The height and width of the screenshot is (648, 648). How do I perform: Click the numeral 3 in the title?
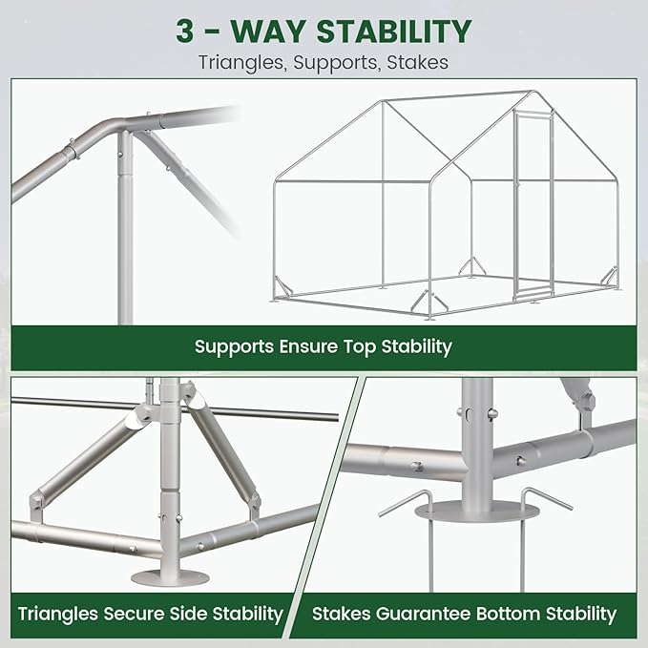pyautogui.click(x=185, y=31)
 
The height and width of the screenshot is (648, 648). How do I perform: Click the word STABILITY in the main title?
pyautogui.click(x=394, y=31)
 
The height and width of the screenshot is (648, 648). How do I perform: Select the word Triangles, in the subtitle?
pyautogui.click(x=243, y=63)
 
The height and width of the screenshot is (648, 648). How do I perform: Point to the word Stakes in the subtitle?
pyautogui.click(x=418, y=62)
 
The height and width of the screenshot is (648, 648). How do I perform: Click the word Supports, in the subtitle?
pyautogui.click(x=337, y=63)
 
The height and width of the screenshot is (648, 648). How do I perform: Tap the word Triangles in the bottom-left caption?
pyautogui.click(x=57, y=615)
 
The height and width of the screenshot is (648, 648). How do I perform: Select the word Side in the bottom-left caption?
pyautogui.click(x=188, y=614)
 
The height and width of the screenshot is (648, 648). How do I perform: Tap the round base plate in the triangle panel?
pyautogui.click(x=170, y=577)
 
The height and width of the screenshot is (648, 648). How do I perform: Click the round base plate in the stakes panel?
pyautogui.click(x=477, y=511)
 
